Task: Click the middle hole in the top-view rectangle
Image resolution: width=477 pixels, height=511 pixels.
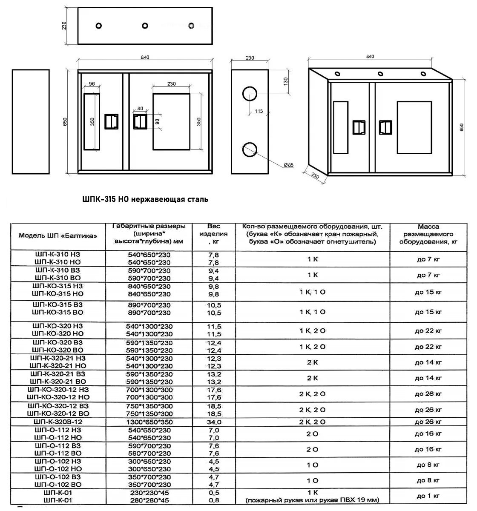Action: (x=145, y=26)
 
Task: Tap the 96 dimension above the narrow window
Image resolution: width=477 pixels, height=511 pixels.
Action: (x=92, y=84)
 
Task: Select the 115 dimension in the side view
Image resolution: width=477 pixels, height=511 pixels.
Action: (x=259, y=111)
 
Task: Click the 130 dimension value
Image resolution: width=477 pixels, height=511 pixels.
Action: (x=286, y=80)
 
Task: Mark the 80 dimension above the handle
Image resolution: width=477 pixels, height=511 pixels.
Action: (x=140, y=109)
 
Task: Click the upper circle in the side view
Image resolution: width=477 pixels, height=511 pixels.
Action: (x=250, y=94)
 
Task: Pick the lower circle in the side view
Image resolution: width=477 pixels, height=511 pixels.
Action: (x=250, y=151)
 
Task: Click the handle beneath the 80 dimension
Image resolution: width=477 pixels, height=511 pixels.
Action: (x=140, y=121)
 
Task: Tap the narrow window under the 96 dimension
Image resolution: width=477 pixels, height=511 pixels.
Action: (x=92, y=122)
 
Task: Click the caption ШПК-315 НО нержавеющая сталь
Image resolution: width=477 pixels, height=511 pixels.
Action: (x=145, y=199)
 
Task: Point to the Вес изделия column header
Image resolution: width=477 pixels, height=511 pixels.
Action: (x=213, y=234)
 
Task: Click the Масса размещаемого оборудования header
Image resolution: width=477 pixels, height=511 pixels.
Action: (x=428, y=234)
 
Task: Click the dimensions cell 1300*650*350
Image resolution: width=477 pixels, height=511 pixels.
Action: (x=149, y=422)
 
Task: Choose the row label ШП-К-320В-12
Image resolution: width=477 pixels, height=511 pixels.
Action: (x=58, y=422)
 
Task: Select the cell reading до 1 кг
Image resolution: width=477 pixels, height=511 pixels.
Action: (x=428, y=496)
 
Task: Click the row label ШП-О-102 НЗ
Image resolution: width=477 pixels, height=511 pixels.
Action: (x=58, y=461)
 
